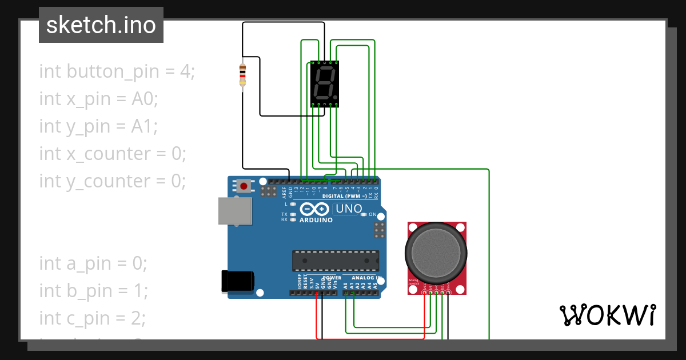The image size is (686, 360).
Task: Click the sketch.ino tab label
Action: tap(101, 25)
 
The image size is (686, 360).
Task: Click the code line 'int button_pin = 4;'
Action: tap(117, 71)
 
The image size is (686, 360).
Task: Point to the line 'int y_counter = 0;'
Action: tap(113, 181)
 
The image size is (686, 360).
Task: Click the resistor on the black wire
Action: tap(242, 75)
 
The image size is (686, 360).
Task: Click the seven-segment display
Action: tap(325, 83)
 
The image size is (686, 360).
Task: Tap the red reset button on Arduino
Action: tap(244, 186)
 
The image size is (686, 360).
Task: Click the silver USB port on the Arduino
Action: tap(234, 211)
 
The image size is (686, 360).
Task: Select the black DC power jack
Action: tap(238, 282)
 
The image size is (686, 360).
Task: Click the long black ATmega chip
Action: tap(335, 261)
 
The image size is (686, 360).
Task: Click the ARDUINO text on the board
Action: tap(316, 220)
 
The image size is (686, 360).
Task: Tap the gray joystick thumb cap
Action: tap(436, 251)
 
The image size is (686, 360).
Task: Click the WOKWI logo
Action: tap(607, 315)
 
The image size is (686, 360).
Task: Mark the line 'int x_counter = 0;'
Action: tap(113, 153)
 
